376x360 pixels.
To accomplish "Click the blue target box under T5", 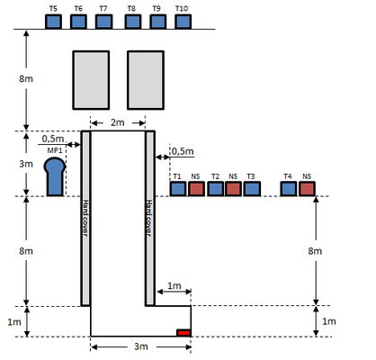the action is tap(53, 22).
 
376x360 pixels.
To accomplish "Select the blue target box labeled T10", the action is tap(183, 22).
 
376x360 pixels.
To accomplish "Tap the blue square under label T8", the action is tap(133, 22).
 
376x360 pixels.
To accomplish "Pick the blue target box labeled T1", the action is tap(178, 189).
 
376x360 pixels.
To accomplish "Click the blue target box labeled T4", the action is tap(289, 189).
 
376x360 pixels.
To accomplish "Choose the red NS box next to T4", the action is tap(307, 189).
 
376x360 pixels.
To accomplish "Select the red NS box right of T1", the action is tap(197, 189).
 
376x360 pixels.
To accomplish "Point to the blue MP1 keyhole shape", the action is tap(55, 177).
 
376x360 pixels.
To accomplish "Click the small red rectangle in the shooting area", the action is tap(184, 333).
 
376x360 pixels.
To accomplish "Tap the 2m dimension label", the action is tap(118, 122).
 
